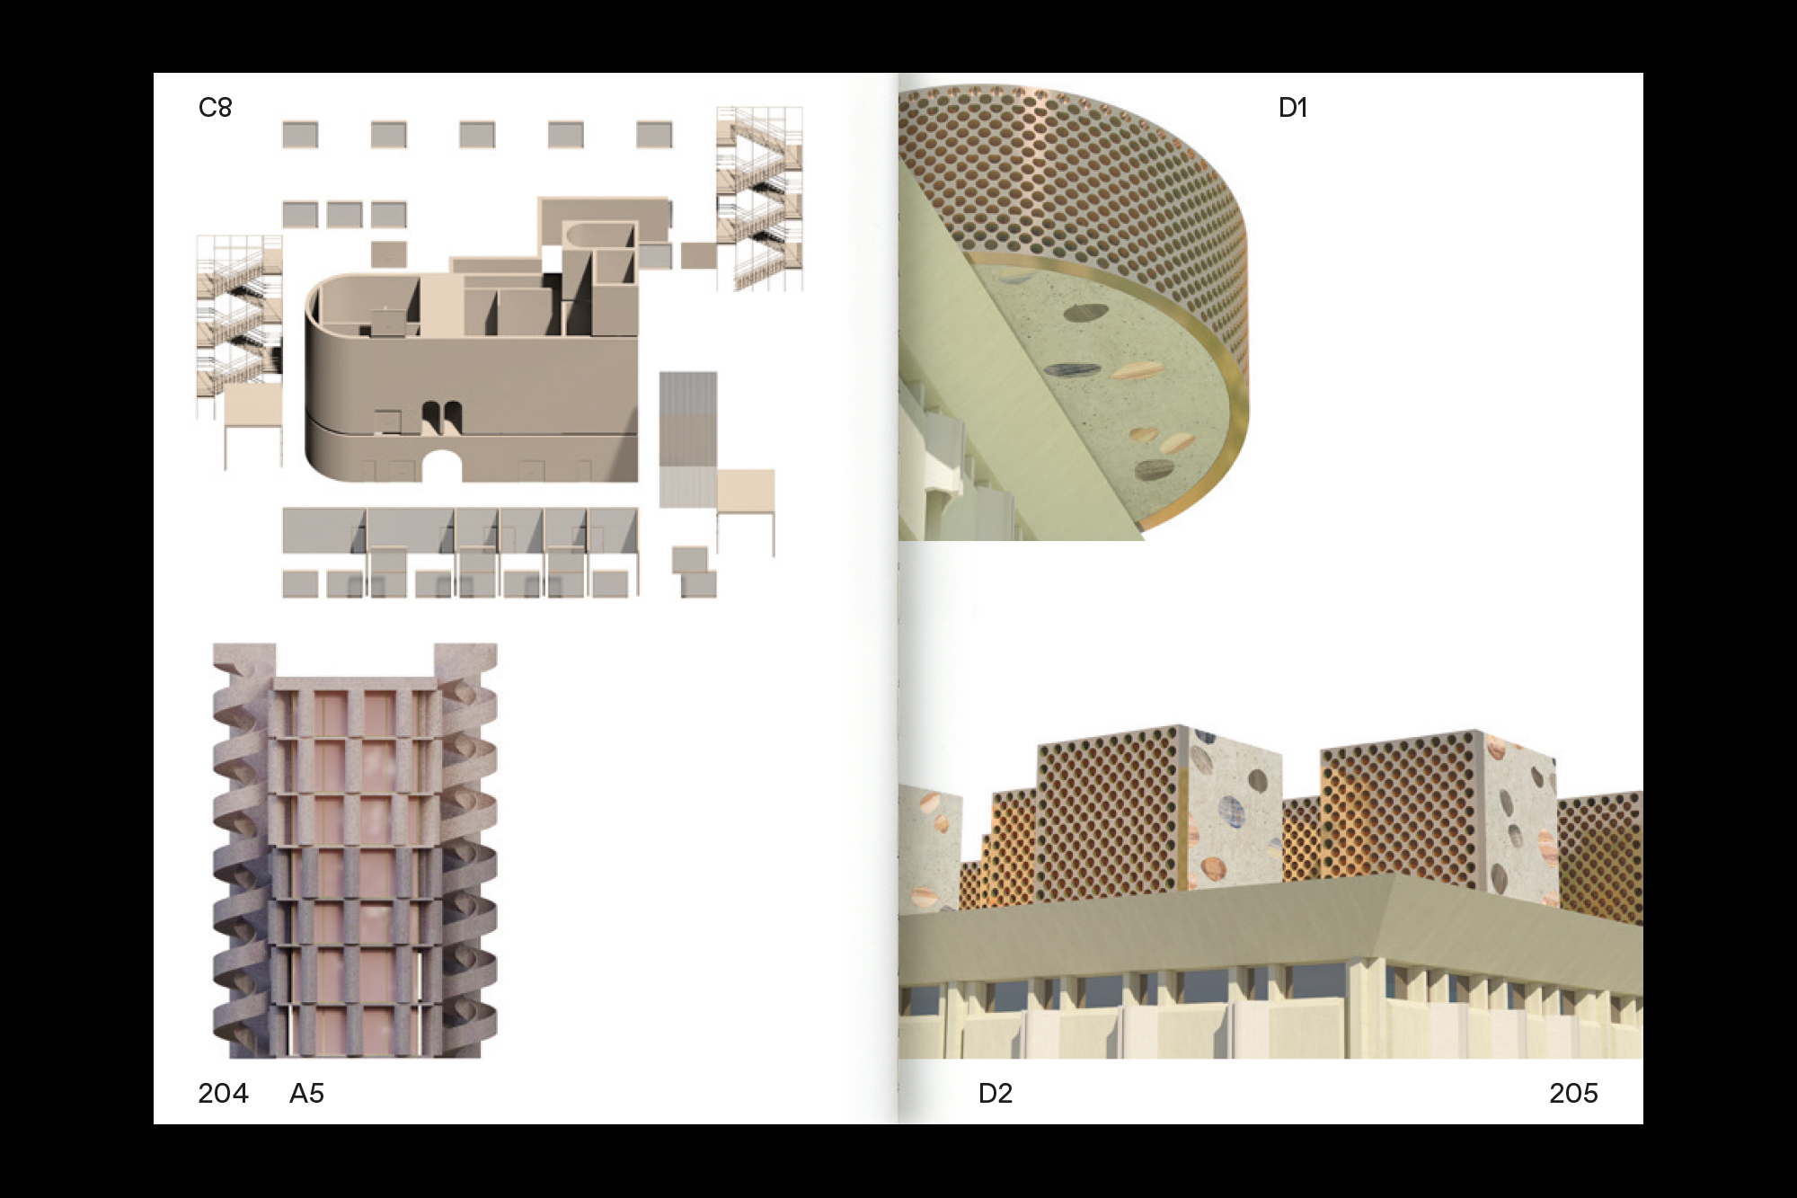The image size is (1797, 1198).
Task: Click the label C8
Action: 215,108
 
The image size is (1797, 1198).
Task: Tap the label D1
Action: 1292,108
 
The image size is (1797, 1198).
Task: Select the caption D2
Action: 995,1093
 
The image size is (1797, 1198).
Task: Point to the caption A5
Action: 306,1093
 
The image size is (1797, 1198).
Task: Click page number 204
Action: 223,1093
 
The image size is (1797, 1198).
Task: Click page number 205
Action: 1573,1093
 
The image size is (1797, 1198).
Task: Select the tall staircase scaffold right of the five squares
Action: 759,199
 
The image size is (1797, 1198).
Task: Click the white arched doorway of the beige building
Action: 442,466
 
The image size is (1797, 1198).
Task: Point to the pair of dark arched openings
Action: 442,417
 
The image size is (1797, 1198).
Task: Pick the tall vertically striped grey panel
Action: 688,439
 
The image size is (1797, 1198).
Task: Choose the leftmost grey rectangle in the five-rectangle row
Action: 300,135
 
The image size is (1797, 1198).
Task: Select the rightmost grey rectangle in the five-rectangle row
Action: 654,135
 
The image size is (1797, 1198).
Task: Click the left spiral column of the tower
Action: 241,849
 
